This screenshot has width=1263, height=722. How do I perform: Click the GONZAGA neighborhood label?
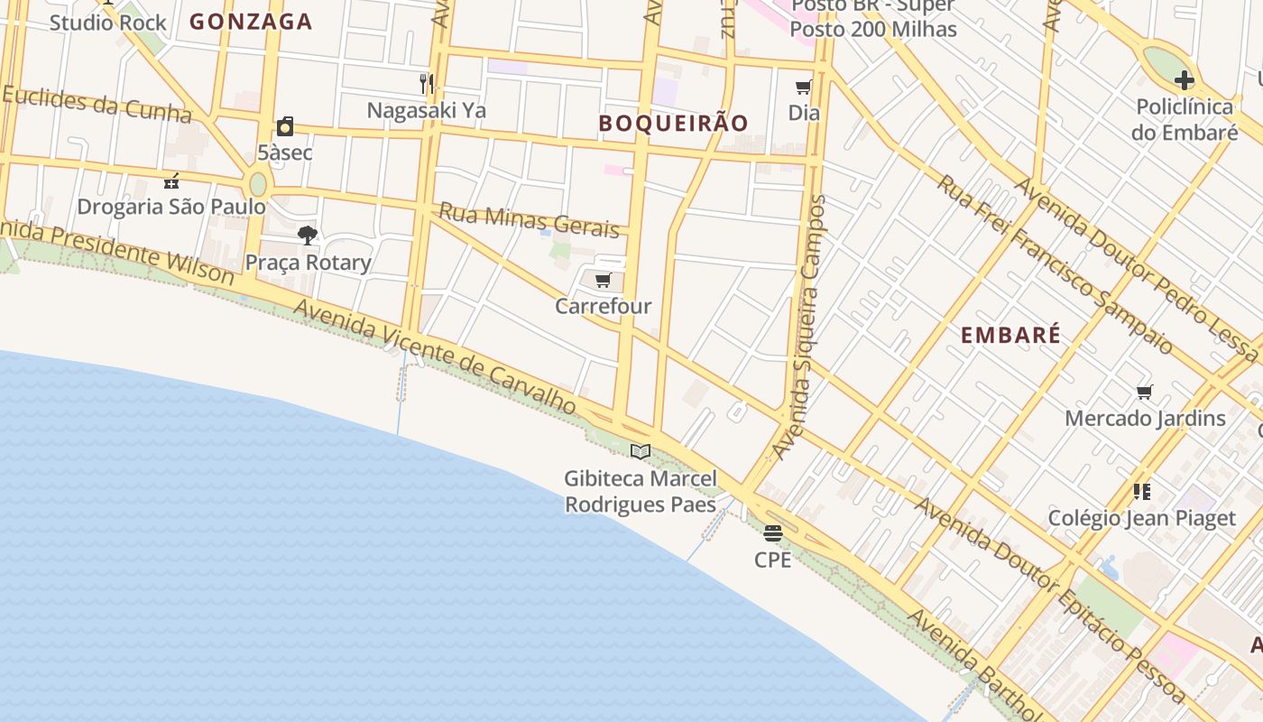tap(251, 22)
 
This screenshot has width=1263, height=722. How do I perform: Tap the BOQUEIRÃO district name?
tap(674, 124)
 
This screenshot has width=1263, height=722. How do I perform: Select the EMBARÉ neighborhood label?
tap(1010, 336)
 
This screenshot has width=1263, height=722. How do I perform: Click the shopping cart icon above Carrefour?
tap(604, 281)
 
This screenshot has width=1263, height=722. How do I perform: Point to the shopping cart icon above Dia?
tap(803, 88)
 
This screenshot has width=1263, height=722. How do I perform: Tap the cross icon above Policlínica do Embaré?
tap(1184, 80)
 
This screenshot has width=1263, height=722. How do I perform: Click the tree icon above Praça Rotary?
tap(308, 236)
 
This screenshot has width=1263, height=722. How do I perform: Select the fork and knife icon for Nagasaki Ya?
tap(427, 84)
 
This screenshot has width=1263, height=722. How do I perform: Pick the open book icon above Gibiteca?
tap(641, 451)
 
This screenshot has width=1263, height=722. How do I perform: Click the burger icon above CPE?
tap(773, 533)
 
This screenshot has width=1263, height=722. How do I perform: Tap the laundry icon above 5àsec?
tap(285, 126)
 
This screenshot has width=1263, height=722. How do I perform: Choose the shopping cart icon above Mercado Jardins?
tap(1145, 392)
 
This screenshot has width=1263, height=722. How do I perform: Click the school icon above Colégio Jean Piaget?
tap(1142, 492)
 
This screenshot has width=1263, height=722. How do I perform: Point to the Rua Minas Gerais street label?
tap(529, 221)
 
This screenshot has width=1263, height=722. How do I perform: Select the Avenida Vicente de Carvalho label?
tap(435, 357)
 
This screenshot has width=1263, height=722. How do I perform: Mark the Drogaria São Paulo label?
tap(171, 207)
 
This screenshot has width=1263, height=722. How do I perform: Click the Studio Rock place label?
tap(108, 23)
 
